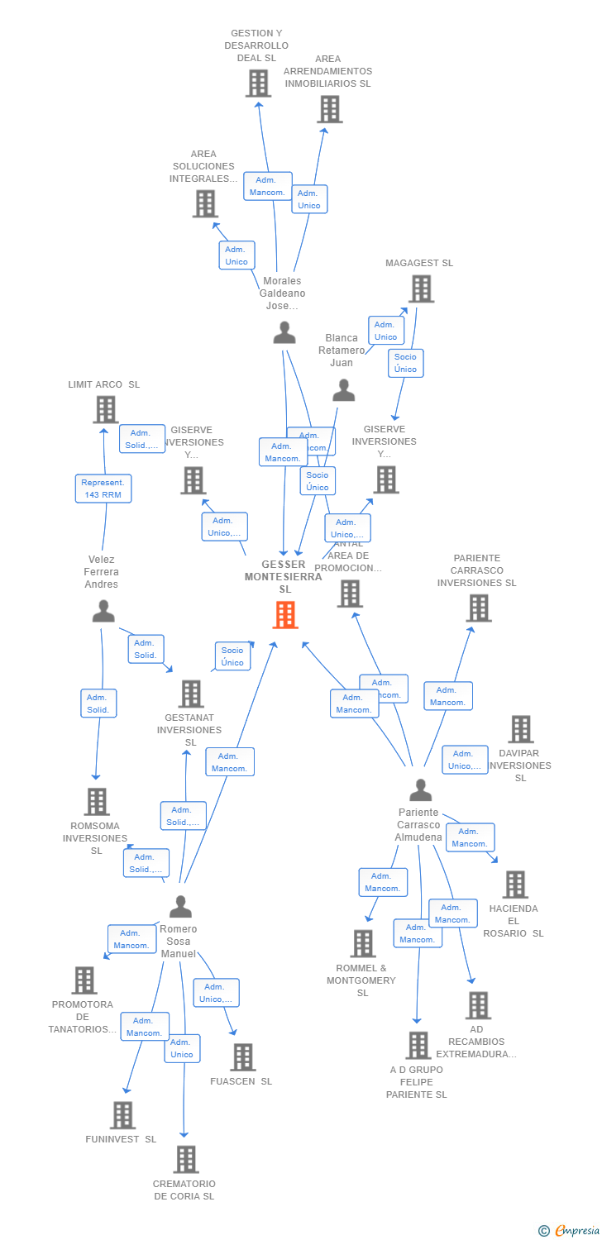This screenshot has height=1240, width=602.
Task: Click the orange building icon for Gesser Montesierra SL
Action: pos(285,614)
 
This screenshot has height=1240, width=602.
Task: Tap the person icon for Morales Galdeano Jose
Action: pos(284,332)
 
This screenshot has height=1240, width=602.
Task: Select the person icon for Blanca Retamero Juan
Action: pos(343,389)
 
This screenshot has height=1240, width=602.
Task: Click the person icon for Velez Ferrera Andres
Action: pos(103,611)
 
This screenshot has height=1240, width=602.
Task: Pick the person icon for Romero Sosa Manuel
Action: pos(180,906)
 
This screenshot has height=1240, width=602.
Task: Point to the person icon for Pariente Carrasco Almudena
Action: pos(420,789)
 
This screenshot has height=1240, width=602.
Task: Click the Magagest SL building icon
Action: pos(421,289)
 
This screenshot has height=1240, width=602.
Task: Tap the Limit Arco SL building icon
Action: pos(105,409)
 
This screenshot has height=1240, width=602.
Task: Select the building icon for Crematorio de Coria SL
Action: pos(185,1159)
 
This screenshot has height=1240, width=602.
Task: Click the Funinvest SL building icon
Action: pos(122,1114)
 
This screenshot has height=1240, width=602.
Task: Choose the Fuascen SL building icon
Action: pos(242,1056)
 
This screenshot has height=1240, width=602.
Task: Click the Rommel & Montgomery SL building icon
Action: pos(362,943)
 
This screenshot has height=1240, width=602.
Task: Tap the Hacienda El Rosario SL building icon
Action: pos(514,884)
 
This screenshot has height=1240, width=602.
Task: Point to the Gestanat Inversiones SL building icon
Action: pos(190,694)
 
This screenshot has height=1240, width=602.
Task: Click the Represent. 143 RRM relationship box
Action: pos(103,489)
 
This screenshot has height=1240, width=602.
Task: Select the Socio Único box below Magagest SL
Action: pos(405,363)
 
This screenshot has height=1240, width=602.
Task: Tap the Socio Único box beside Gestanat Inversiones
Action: pos(232,656)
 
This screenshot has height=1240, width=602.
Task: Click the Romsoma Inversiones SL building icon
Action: pos(97,801)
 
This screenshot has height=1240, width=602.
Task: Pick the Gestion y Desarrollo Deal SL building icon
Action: pos(258,83)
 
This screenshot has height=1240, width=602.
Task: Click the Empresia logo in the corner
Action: pos(571,1231)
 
